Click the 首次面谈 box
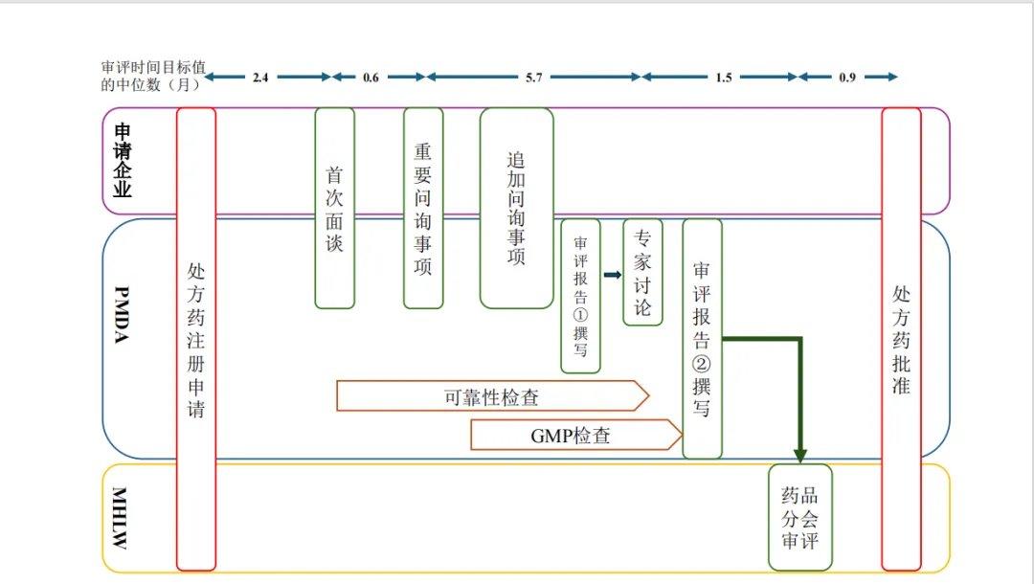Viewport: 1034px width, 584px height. pyautogui.click(x=334, y=208)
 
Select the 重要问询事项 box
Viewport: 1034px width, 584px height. pyautogui.click(x=422, y=208)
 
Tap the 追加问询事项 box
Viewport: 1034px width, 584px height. pyautogui.click(x=516, y=208)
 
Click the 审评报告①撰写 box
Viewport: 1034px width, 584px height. pyautogui.click(x=580, y=296)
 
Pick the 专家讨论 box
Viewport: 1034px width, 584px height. pyautogui.click(x=642, y=272)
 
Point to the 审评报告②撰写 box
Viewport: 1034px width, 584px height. pyautogui.click(x=702, y=338)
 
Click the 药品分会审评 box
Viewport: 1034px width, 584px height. pyautogui.click(x=799, y=517)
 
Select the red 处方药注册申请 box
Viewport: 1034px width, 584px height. pyautogui.click(x=196, y=338)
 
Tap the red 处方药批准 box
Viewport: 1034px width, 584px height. pyautogui.click(x=901, y=338)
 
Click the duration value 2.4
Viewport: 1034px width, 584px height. pyautogui.click(x=260, y=78)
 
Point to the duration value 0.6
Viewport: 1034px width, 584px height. pyautogui.click(x=371, y=78)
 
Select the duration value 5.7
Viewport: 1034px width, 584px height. pyautogui.click(x=533, y=78)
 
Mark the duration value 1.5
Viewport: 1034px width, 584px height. pyautogui.click(x=724, y=78)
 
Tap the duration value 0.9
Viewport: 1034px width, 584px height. pyautogui.click(x=847, y=78)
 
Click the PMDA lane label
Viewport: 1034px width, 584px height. pyautogui.click(x=123, y=315)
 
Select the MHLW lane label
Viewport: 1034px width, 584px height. pyautogui.click(x=121, y=518)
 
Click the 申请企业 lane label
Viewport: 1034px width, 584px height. pyautogui.click(x=123, y=160)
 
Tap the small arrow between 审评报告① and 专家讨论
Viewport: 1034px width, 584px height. pyautogui.click(x=613, y=275)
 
